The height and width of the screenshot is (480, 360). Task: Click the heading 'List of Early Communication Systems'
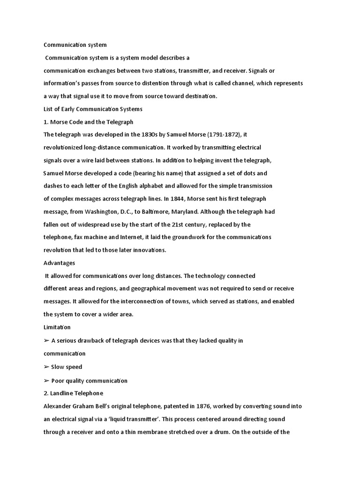coord(93,109)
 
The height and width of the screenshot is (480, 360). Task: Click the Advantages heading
coord(59,263)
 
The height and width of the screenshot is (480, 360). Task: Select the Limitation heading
coord(57,327)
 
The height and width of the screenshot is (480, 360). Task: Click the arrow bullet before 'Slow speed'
coord(46,367)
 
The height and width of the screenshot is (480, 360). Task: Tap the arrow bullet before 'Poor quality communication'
coord(46,381)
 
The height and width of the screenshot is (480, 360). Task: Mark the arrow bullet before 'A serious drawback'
coord(46,341)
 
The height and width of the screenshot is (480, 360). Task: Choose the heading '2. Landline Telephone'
coord(73,393)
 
